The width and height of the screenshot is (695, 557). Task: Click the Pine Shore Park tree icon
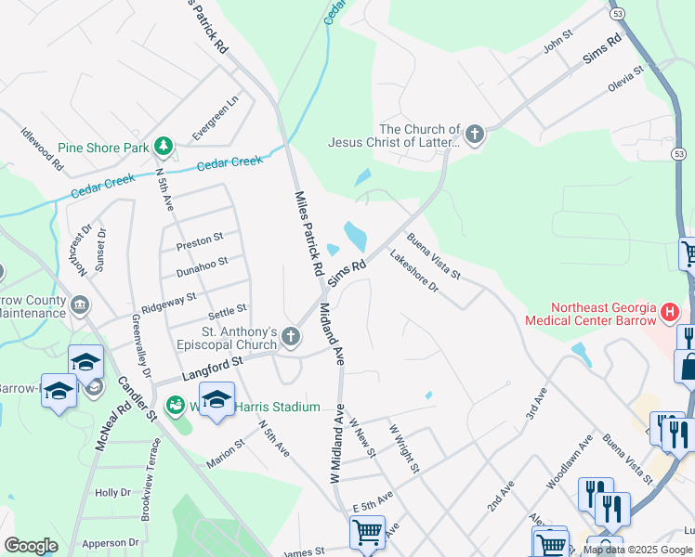pyautogui.click(x=164, y=146)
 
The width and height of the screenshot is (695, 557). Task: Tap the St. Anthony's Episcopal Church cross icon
pyautogui.click(x=292, y=337)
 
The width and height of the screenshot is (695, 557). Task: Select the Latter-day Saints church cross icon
pyautogui.click(x=475, y=136)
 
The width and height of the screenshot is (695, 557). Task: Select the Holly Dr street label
pyautogui.click(x=111, y=493)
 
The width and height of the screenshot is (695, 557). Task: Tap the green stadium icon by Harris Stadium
pyautogui.click(x=174, y=406)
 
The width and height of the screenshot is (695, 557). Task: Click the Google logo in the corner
pyautogui.click(x=30, y=545)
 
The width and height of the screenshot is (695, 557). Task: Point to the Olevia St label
pyautogui.click(x=625, y=77)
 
